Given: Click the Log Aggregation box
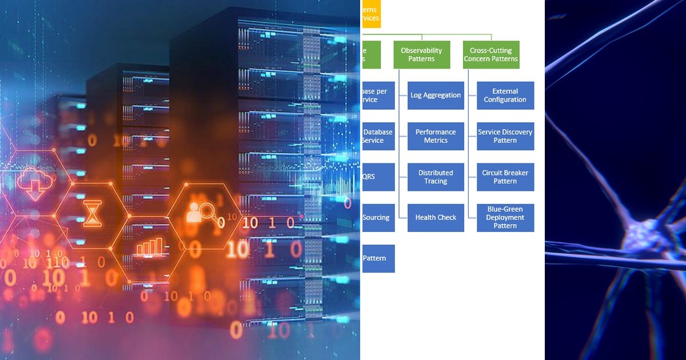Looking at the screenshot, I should [436, 95].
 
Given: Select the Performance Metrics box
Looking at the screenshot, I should [436, 136].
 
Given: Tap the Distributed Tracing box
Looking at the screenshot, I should [436, 177].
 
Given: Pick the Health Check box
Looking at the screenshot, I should [436, 218].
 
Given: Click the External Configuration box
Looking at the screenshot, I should [505, 95].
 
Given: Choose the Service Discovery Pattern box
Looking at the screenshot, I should [505, 136].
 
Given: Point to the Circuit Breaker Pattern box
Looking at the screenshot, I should [505, 177].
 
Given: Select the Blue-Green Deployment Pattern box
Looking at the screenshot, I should [505, 218].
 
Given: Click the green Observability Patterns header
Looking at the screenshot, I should [422, 55].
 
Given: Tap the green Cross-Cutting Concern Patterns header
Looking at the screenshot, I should [491, 55].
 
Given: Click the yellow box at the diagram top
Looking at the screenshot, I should [371, 14].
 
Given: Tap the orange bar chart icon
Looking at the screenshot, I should [149, 246].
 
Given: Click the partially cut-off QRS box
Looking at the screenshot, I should [378, 177].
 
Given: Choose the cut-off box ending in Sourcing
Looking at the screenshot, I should [378, 218].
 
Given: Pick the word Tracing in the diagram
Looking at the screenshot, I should [436, 182].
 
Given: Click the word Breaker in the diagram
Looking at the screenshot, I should [515, 173].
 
